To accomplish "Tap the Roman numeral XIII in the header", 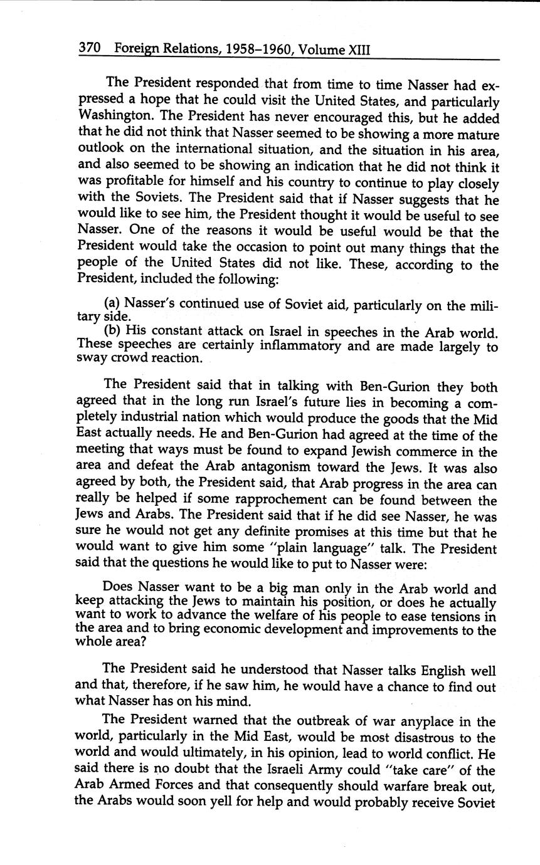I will (356, 48).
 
